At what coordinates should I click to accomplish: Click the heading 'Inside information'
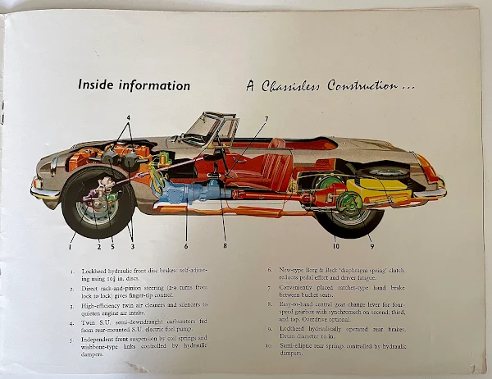point(134,85)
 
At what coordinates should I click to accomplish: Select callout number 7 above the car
point(265,120)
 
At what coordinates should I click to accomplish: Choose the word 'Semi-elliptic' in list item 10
point(298,346)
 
